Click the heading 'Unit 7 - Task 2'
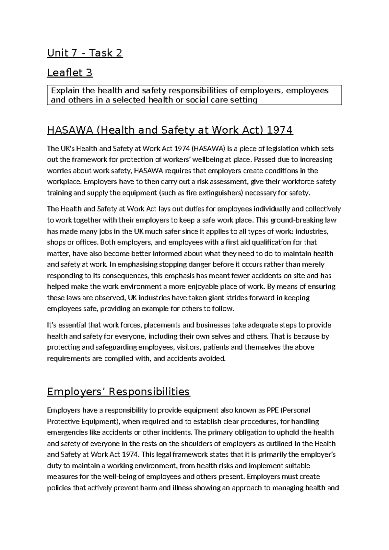pos(85,53)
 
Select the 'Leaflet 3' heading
pos(70,73)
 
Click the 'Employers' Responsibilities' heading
pos(118,392)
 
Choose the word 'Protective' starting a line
pos(61,421)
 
